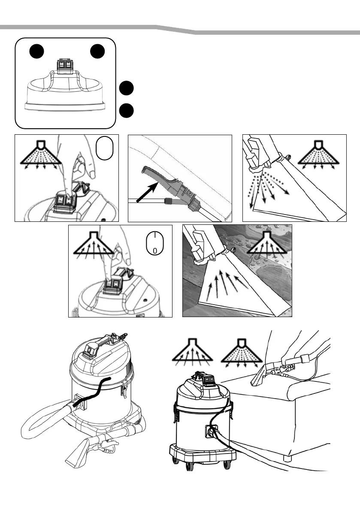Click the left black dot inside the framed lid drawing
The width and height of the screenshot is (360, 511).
[x=36, y=51]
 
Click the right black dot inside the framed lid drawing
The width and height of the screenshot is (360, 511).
[x=97, y=51]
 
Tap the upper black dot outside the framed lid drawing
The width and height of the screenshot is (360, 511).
[x=126, y=88]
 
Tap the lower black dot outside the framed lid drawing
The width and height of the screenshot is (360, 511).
[x=126, y=110]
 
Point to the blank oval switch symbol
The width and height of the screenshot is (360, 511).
[x=105, y=148]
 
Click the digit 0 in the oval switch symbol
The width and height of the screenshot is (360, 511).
[x=155, y=251]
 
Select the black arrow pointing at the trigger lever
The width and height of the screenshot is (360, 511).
[x=148, y=192]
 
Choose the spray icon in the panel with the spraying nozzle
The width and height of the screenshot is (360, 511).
[x=318, y=155]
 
